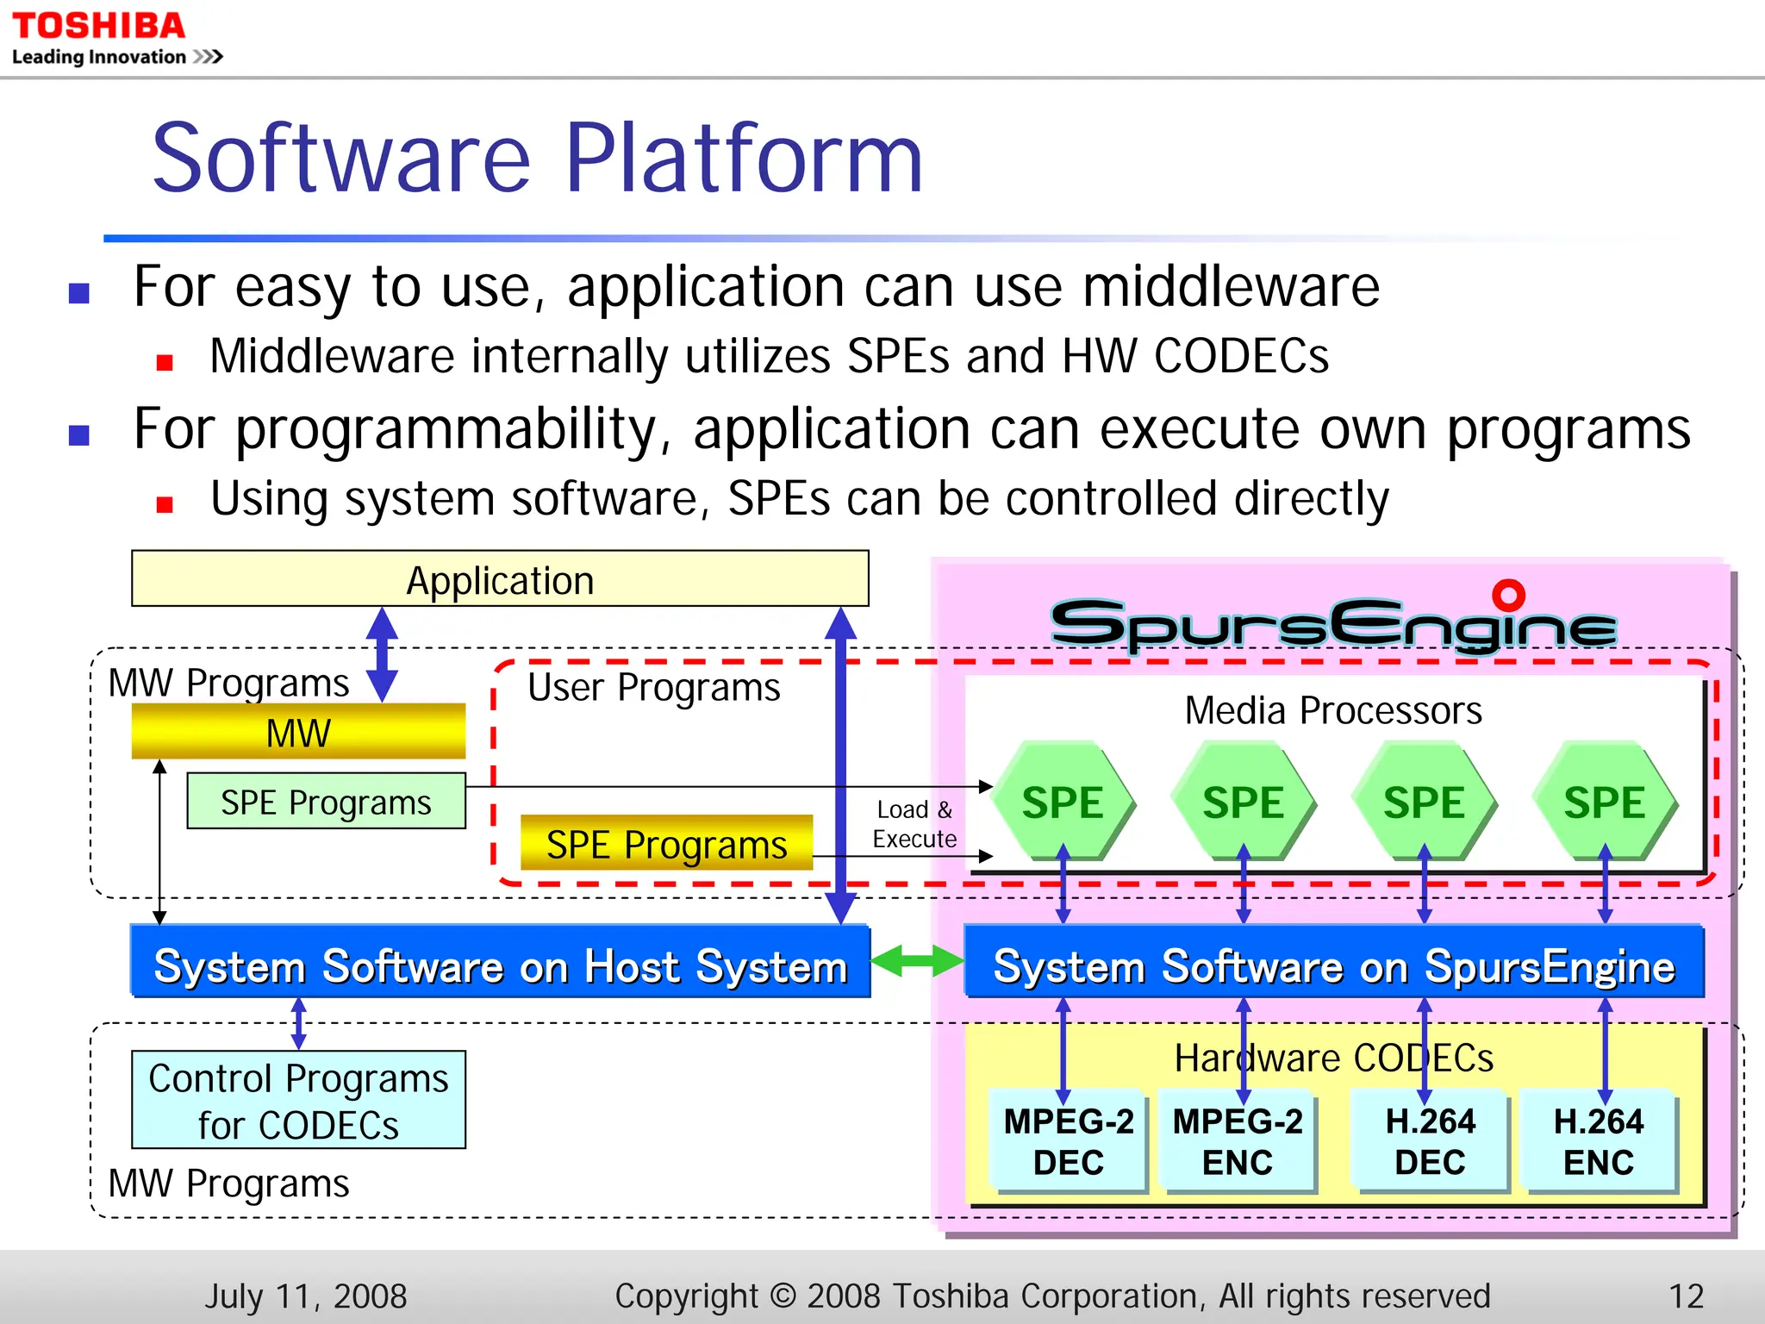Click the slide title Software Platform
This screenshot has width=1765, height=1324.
point(536,159)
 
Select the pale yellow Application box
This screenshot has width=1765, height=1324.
point(500,579)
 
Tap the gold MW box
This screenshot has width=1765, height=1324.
point(298,733)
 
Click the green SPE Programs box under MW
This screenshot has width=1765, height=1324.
point(326,802)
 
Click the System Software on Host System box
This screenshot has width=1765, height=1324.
point(500,964)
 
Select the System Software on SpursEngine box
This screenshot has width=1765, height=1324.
point(1333,964)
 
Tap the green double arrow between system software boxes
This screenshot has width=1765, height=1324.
point(916,960)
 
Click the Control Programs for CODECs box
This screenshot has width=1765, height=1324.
point(298,1101)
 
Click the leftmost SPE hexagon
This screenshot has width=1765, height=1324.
point(1063,802)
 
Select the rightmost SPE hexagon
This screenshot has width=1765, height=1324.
point(1604,802)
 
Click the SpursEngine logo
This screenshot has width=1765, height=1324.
point(1333,622)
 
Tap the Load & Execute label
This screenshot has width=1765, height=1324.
point(914,824)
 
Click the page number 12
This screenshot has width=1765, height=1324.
point(1686,1296)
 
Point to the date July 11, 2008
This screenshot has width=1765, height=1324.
point(305,1296)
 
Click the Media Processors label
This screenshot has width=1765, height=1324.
point(1333,710)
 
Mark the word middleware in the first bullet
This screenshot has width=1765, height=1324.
point(1231,287)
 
